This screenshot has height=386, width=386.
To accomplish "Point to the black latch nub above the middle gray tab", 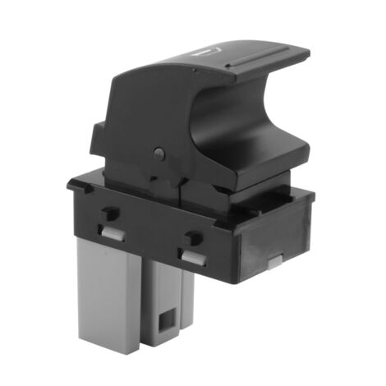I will (x=192, y=239).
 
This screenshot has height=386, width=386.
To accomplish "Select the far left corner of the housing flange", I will (x=71, y=185).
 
